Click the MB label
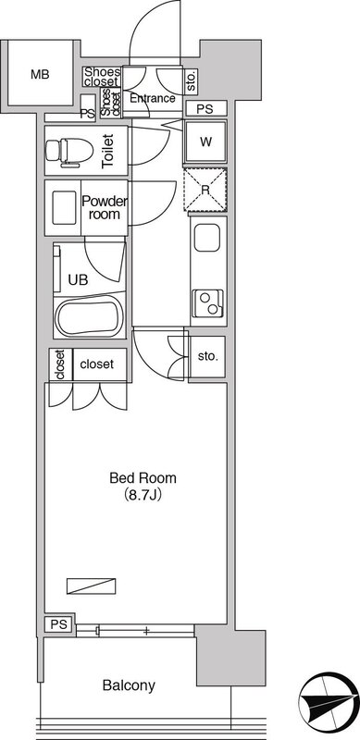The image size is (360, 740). coord(40,74)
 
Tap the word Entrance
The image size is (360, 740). coord(153,99)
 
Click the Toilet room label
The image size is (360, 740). coord(108,152)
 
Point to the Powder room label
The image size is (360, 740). coord(105,208)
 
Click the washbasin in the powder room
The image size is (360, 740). coord(64,207)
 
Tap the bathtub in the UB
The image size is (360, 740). coord(89,316)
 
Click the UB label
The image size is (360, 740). coord(78,280)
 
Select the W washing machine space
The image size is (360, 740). coord(205,142)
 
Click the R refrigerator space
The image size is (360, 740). coord(205,190)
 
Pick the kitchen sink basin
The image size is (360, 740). coord(206,238)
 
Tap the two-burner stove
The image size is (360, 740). coord(208,303)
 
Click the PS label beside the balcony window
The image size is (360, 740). coord(60,624)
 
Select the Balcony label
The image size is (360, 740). coord(129,685)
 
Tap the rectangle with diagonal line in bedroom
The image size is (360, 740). coord(92,586)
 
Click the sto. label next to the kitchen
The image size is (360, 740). coord(208,356)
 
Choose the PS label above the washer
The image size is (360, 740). coord(205,109)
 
